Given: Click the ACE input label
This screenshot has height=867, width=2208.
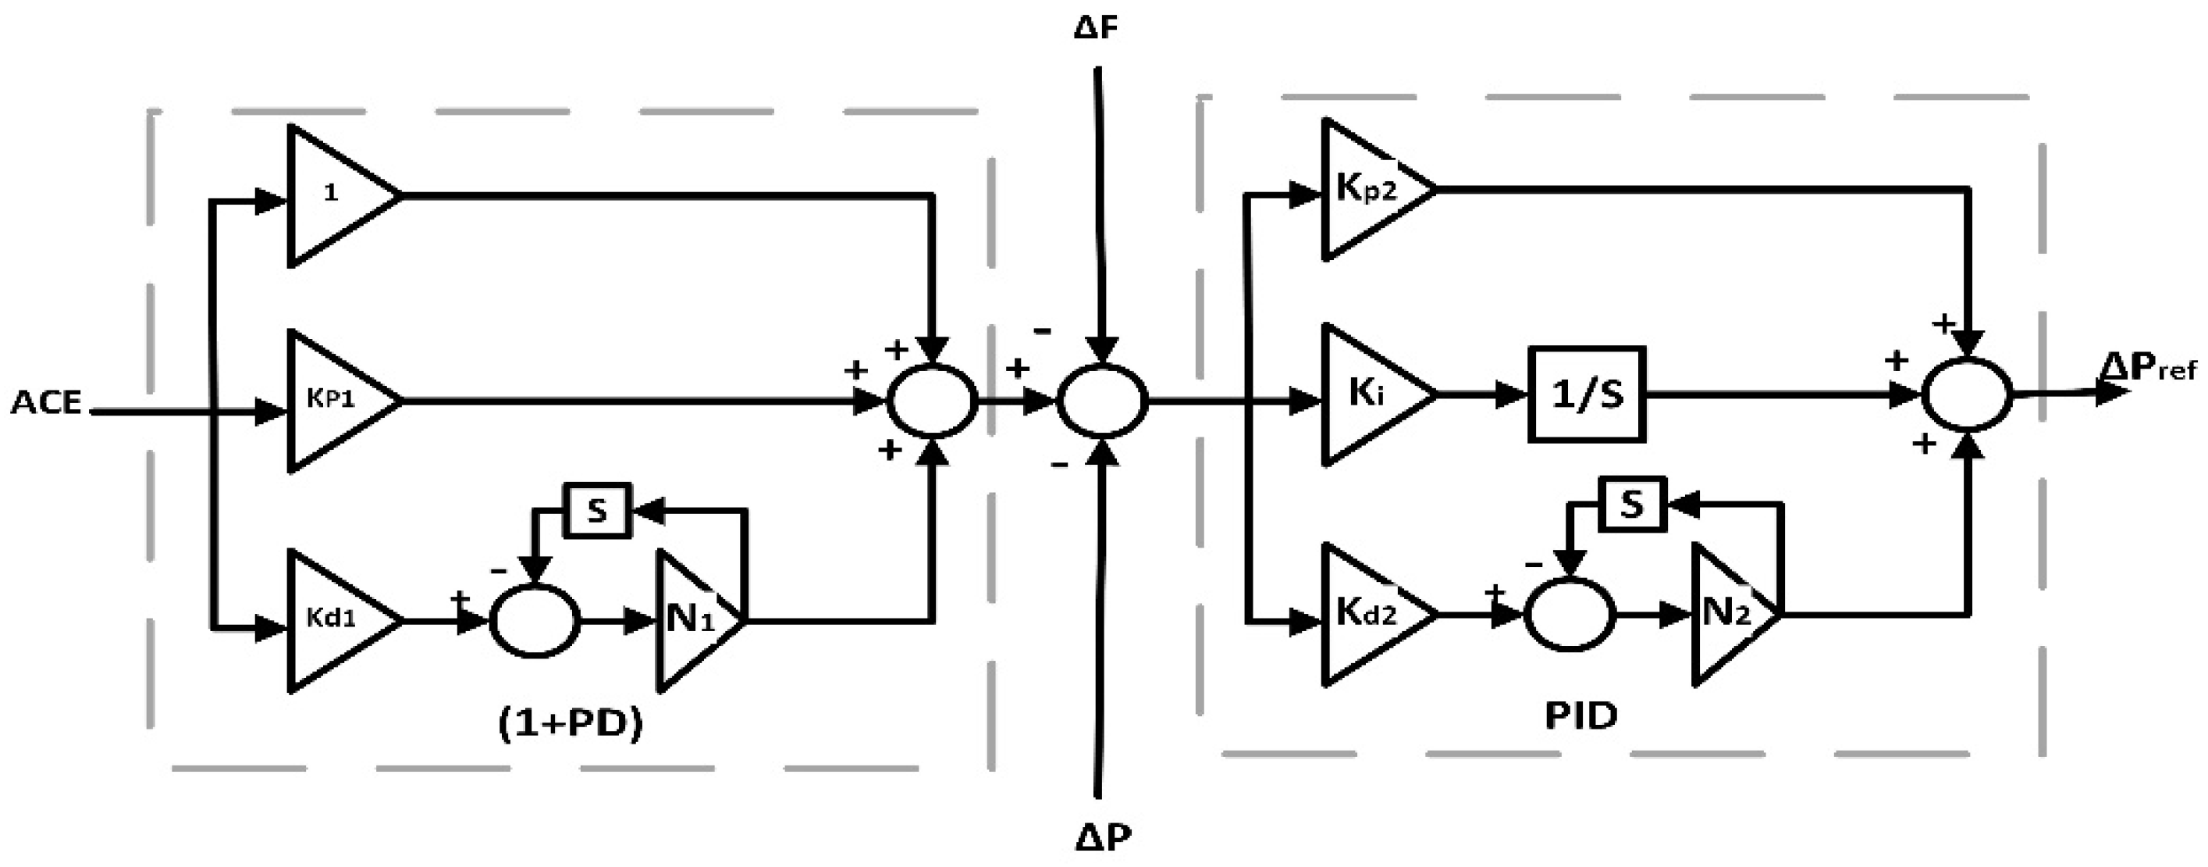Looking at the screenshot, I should click(46, 402).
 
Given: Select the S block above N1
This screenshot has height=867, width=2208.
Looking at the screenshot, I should click(596, 510).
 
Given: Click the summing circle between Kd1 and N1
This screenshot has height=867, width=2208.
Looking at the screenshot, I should click(535, 620).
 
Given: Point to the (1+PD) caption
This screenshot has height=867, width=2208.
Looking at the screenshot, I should click(571, 725).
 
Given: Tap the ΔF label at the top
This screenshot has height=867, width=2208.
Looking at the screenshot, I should click(1097, 27).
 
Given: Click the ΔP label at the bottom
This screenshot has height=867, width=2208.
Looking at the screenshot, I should click(1103, 837).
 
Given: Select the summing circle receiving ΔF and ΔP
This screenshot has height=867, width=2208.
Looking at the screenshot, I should click(1101, 400).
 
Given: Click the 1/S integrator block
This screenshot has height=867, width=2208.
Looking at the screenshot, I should click(1587, 394).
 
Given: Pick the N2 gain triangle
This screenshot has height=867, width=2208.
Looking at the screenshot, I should click(1726, 615).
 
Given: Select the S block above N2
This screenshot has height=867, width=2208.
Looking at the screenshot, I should click(1632, 505).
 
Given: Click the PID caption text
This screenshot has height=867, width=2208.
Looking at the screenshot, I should click(1580, 715).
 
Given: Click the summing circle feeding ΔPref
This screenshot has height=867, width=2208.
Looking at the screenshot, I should click(1966, 394).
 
